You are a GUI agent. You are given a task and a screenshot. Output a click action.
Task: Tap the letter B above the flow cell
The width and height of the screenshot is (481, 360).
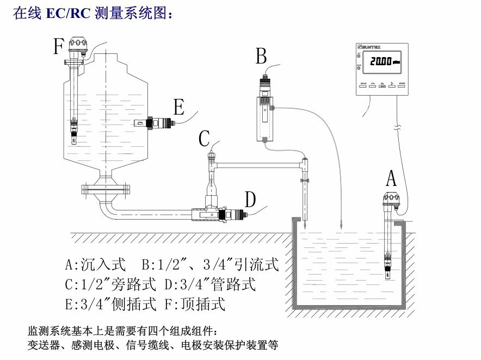[261, 55]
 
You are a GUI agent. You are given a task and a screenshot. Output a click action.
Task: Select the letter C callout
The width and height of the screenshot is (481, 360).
[204, 139]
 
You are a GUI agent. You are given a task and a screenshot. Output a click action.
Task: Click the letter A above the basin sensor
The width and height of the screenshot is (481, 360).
[391, 178]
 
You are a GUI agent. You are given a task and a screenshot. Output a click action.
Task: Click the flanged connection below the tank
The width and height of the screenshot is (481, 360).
[106, 190]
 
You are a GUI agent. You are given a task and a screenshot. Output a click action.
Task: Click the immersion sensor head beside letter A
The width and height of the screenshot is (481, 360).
[391, 200]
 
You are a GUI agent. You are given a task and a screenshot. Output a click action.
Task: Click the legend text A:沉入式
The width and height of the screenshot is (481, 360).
[95, 265]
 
